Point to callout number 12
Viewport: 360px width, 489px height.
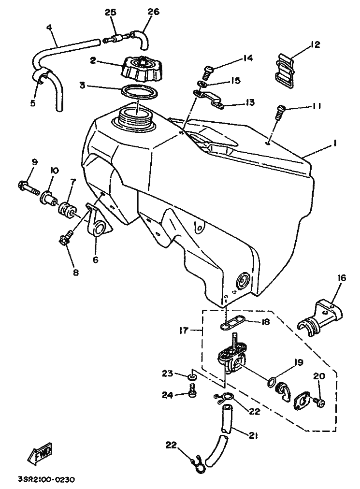pos(316,44)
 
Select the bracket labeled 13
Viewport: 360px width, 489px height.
pos(210,100)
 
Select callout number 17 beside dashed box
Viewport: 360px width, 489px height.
pos(185,330)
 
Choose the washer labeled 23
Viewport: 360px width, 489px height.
pos(192,377)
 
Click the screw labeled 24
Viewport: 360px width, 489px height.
pos(192,390)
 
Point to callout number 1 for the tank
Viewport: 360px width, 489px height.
pos(334,143)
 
